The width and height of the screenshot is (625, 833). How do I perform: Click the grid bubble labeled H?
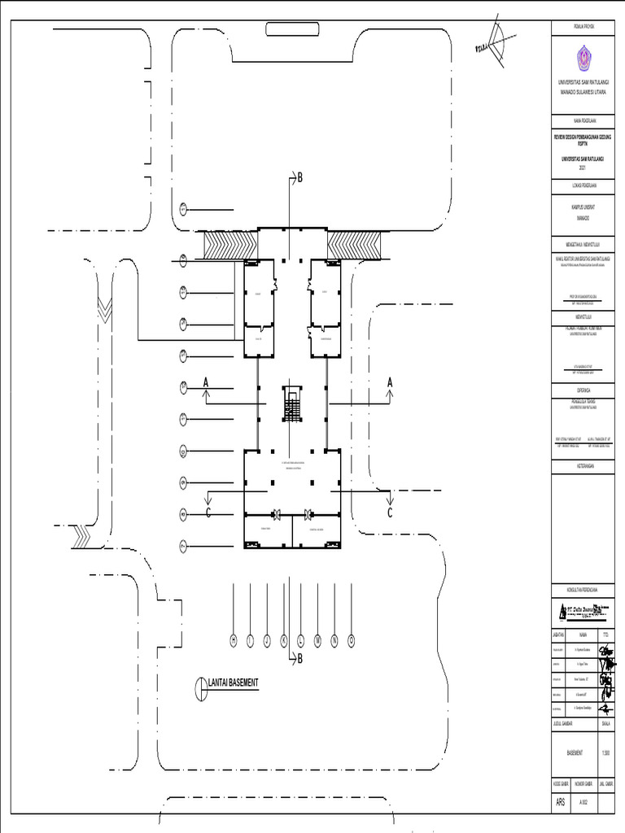click(234, 641)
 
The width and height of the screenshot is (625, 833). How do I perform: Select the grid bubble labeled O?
click(352, 641)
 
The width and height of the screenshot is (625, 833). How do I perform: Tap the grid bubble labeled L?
click(300, 641)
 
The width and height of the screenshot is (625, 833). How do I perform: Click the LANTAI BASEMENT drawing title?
click(233, 683)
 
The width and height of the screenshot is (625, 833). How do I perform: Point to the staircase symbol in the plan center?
click(292, 403)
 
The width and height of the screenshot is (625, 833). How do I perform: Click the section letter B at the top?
click(299, 177)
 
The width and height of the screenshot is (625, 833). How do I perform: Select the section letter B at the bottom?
click(299, 659)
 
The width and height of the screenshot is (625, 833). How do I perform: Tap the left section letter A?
click(207, 382)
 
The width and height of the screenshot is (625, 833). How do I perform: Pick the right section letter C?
click(389, 512)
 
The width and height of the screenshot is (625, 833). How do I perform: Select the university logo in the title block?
click(582, 58)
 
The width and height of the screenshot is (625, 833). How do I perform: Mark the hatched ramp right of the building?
click(355, 244)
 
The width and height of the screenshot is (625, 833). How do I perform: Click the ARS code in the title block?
click(560, 801)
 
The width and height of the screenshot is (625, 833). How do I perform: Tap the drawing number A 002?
click(583, 802)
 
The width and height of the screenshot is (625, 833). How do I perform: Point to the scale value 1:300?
click(606, 752)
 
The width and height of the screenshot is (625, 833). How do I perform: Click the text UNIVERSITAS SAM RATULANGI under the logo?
click(582, 83)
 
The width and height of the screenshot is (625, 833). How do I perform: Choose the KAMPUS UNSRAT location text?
click(582, 208)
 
